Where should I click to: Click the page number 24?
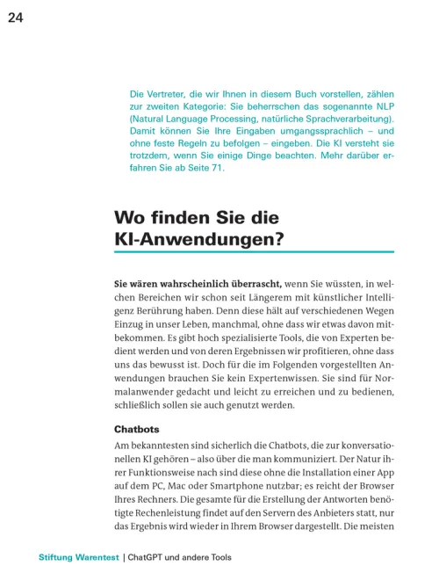click(16, 17)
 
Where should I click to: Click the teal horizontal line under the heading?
click(254, 252)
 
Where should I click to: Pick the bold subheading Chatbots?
click(138, 430)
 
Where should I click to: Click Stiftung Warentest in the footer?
click(77, 557)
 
